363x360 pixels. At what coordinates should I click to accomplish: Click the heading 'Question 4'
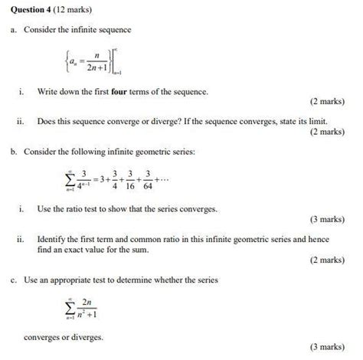coord(31,11)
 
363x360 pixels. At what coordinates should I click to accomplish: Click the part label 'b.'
coord(14,152)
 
